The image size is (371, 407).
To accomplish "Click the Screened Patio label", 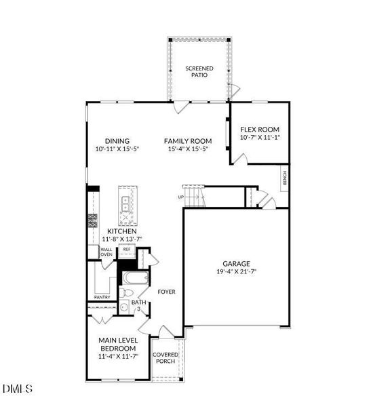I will (x=199, y=73).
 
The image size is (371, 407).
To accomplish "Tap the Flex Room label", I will (x=260, y=130).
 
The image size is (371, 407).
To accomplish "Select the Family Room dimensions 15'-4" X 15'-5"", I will (x=185, y=149).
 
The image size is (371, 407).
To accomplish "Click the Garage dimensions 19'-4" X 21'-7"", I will (x=237, y=273).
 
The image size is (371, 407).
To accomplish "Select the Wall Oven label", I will (x=106, y=252).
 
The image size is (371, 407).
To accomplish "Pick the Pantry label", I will (x=102, y=296).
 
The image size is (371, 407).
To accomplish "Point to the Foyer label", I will (x=167, y=292).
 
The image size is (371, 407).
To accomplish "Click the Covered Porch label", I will (x=165, y=357).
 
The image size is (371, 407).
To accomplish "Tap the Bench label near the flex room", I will (x=284, y=178).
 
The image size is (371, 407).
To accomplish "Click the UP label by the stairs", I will (x=180, y=197).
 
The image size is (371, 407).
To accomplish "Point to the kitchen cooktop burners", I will (x=93, y=219).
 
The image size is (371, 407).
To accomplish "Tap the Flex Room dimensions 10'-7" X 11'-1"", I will (x=260, y=138).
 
